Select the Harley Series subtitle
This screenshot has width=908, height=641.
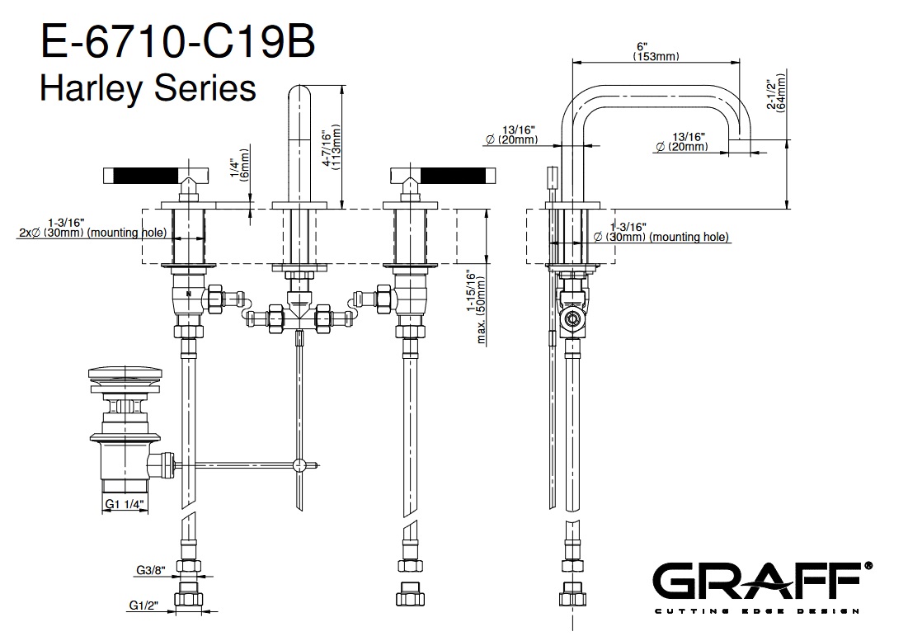[148, 87]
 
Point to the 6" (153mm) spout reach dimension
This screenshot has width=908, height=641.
[656, 51]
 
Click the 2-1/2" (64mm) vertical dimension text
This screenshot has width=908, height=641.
[774, 95]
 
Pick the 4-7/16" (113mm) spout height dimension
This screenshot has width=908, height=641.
[332, 148]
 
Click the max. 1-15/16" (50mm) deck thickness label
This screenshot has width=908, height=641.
[476, 306]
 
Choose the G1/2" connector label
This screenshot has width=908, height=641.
[144, 606]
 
